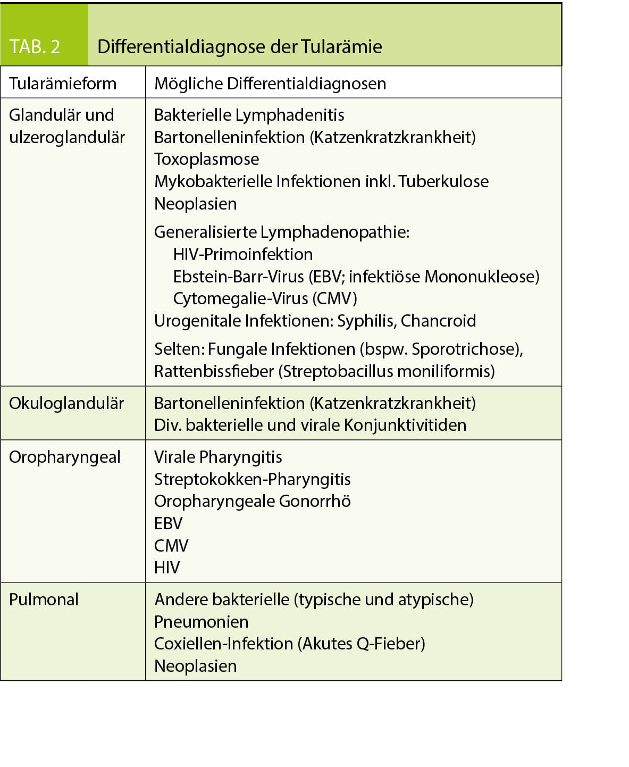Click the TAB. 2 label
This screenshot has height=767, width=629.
coord(35,47)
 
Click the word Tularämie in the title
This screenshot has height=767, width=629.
coord(341,47)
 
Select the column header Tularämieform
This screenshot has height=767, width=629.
coord(63,84)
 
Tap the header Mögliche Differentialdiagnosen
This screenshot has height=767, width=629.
coord(270,84)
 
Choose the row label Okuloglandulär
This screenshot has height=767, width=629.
coord(66,403)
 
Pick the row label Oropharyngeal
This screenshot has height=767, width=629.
coord(65,457)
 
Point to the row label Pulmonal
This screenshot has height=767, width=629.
coord(44,599)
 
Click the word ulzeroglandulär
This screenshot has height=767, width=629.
coord(67,137)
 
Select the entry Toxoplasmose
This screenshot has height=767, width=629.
coord(207,159)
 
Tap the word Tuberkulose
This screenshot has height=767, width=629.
coord(443,181)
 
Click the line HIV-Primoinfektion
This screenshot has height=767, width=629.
coord(243,254)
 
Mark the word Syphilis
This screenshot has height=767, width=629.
coord(366,321)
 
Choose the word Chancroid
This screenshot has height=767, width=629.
coord(438,321)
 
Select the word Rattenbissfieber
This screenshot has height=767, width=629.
coord(214,371)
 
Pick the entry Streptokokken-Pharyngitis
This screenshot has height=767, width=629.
coord(253,479)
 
